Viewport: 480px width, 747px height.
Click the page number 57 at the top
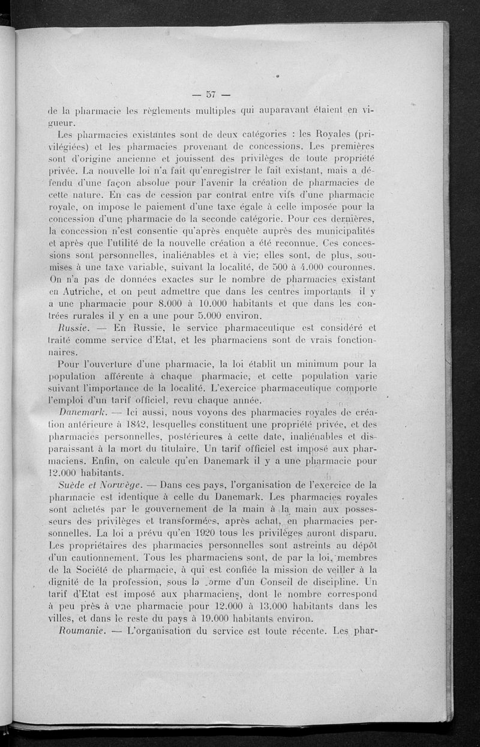point(211,94)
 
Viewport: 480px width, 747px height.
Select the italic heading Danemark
point(83,414)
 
